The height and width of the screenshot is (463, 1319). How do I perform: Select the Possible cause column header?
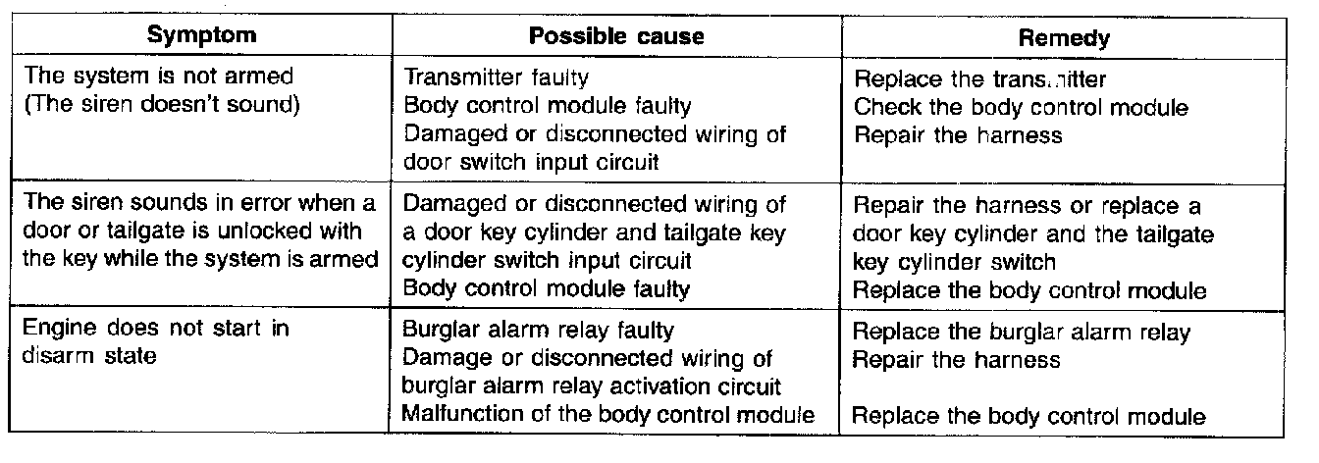point(615,35)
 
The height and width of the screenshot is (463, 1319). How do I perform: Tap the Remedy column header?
point(1064,38)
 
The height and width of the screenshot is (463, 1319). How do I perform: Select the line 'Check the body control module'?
point(1021,106)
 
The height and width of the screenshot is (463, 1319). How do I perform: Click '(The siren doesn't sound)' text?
point(160,104)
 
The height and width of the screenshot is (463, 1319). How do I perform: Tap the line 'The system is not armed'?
point(145,76)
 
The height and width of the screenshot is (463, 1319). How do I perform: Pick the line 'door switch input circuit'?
point(532,162)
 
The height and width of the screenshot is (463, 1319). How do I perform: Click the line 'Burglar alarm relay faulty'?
point(539,331)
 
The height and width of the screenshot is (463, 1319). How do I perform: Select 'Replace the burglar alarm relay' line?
point(1021,332)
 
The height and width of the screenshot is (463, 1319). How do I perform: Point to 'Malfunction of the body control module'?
point(608,414)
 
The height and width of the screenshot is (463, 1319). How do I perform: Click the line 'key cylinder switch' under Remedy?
point(954,262)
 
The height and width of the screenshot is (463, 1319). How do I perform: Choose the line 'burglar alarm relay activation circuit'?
point(592,386)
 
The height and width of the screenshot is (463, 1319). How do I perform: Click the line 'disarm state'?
point(89,357)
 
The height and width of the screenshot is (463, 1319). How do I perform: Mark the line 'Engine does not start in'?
point(156,329)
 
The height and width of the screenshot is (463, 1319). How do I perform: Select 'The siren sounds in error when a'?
point(198,206)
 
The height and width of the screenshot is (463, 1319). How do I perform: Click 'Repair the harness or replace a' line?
point(1027,207)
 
